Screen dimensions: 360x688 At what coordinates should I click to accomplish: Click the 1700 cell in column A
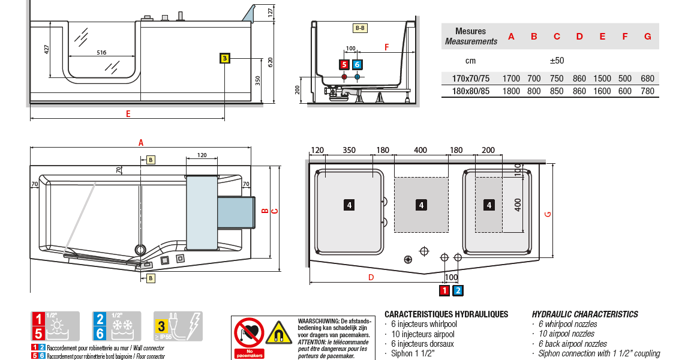[511, 79]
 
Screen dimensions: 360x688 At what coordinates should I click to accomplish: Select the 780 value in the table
[647, 91]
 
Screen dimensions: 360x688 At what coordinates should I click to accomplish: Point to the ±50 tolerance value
[557, 61]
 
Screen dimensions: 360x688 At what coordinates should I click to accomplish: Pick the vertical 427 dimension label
[47, 49]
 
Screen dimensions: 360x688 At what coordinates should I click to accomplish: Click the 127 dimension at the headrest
[271, 11]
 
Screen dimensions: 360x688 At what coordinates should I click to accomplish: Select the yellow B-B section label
[360, 28]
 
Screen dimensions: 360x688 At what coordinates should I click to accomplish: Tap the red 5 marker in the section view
[344, 65]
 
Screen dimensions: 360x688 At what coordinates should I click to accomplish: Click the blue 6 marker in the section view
[357, 65]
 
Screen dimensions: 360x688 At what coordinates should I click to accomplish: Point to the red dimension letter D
[371, 277]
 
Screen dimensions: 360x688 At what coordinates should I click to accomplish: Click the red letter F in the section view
[386, 46]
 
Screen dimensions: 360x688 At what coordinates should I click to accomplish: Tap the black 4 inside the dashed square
[421, 205]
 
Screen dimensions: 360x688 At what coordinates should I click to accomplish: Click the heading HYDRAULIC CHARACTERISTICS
[585, 314]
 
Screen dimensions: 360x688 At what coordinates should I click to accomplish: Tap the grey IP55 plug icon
[178, 326]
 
